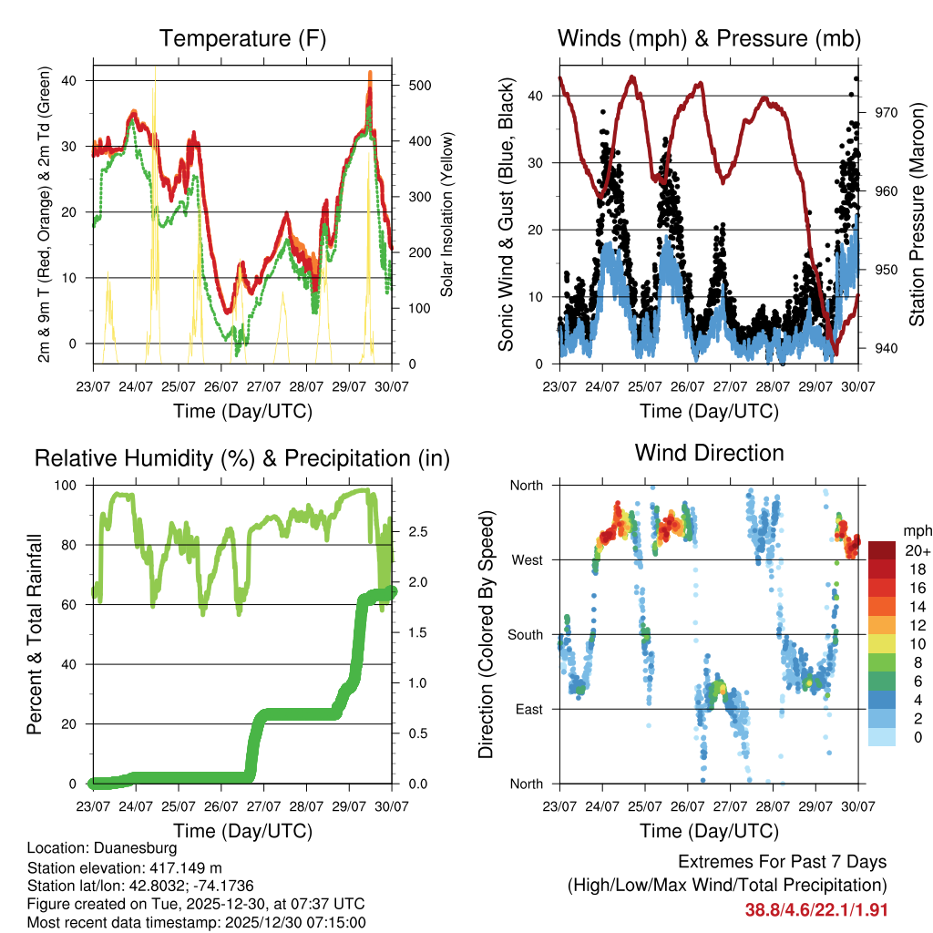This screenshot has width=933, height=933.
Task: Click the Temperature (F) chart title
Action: [242, 39]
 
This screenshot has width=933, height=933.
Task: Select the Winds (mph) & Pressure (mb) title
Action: [709, 39]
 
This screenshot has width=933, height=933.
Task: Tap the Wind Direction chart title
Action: [709, 452]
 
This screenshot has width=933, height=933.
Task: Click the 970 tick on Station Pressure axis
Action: [887, 112]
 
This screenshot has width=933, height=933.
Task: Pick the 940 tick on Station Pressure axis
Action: [887, 348]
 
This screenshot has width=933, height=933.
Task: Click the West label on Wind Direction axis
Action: [526, 559]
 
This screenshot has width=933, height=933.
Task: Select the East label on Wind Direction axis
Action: [528, 709]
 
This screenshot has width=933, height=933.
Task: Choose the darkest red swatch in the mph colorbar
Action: [881, 549]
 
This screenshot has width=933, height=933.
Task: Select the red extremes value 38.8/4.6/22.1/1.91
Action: [815, 909]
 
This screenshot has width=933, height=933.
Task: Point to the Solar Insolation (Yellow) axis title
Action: [447, 214]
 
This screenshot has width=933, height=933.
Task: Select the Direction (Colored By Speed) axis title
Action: [487, 633]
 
